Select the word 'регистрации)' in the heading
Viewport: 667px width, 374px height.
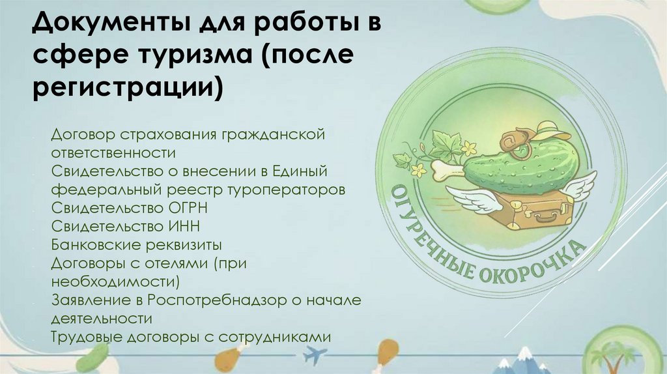coord(128,88)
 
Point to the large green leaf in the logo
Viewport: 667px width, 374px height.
coord(446,143)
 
